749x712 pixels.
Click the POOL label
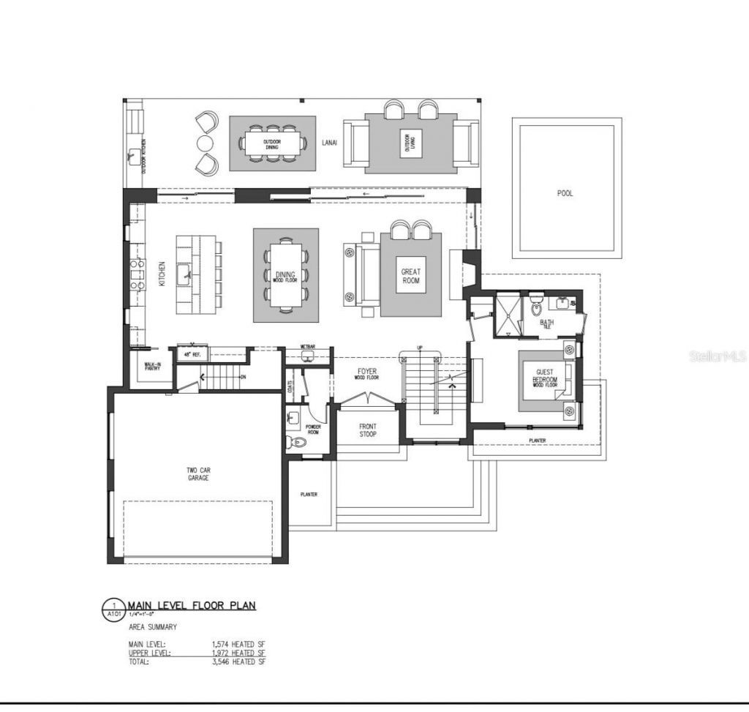(565, 193)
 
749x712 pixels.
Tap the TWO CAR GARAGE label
(197, 473)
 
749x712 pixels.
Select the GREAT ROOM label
(411, 276)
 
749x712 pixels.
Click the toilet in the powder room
(298, 442)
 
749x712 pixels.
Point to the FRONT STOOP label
(367, 430)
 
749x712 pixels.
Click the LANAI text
(329, 143)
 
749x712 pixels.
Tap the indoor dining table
(286, 275)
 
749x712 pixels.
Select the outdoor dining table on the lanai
(273, 143)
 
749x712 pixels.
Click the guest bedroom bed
(545, 381)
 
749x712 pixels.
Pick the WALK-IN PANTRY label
(152, 367)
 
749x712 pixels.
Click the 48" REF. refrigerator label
(192, 354)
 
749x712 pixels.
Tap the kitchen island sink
(184, 274)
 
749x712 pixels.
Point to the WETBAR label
(307, 346)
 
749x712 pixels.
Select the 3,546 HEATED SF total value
(238, 662)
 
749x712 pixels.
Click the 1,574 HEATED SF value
(238, 644)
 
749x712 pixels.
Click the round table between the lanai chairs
(205, 143)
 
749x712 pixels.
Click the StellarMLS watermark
(717, 357)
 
